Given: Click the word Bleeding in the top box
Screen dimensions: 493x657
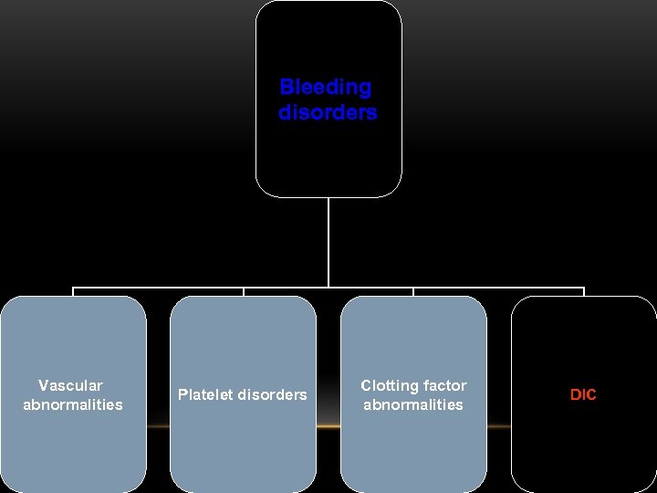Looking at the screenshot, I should (326, 88).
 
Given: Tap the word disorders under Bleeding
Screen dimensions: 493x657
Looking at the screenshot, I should (328, 113).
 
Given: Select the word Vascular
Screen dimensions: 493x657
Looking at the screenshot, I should (70, 385).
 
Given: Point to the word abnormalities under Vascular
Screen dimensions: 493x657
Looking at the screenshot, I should (73, 404).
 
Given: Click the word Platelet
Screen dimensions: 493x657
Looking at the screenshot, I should (205, 395).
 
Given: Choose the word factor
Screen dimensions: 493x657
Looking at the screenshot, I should (444, 385).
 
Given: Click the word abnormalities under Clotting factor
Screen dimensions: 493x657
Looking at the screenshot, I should (413, 404).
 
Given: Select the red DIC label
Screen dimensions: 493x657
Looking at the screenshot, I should (583, 395).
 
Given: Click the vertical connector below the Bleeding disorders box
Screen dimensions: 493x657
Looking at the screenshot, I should (328, 242).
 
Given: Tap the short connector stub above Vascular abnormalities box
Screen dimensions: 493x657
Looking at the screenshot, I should (73, 292).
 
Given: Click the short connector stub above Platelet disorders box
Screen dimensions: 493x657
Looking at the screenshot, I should (244, 292).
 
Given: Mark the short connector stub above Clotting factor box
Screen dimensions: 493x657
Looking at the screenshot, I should (413, 292).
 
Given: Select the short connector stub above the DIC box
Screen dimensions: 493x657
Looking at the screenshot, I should (583, 292).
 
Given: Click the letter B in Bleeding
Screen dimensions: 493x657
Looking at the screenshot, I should (286, 88).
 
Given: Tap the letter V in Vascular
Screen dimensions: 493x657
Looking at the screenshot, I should (43, 385).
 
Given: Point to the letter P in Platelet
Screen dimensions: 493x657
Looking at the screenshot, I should (182, 395).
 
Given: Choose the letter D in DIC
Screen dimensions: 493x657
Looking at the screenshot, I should (575, 395).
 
